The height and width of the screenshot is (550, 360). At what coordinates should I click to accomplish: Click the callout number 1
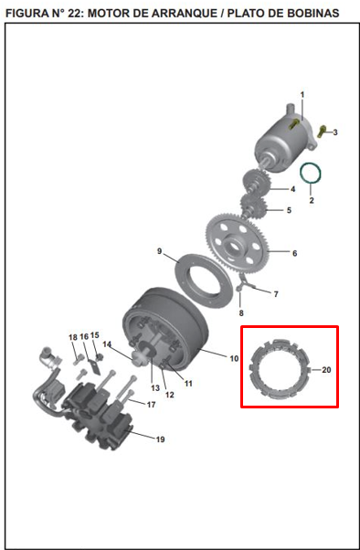[302, 95]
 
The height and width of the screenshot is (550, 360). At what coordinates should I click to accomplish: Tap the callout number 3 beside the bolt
[335, 132]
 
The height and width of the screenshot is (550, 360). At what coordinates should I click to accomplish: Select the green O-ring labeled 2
[311, 172]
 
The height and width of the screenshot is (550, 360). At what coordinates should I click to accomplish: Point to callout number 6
[294, 253]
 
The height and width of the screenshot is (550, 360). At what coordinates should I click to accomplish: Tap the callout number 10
[234, 359]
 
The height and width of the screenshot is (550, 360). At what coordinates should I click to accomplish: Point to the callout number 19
[160, 439]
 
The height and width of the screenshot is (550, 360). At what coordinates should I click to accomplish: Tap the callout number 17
[152, 404]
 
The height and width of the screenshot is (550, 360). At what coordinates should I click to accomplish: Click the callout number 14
[107, 344]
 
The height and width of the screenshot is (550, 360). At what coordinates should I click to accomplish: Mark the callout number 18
[72, 337]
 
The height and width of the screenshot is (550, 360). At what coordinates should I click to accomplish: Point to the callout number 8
[241, 312]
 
